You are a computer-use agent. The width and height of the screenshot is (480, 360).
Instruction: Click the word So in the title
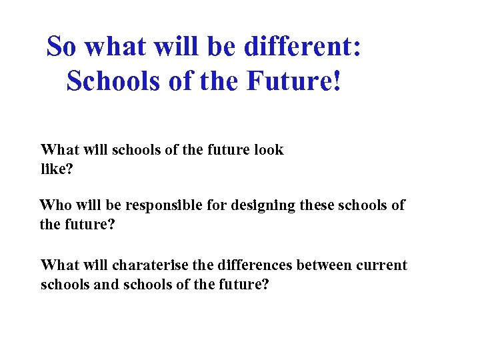[61, 47]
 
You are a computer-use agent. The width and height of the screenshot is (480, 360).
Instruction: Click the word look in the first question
[269, 150]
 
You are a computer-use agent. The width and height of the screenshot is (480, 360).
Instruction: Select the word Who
[54, 205]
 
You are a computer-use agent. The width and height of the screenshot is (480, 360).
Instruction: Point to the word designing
[263, 206]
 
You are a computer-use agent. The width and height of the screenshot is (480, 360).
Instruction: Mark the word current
[383, 265]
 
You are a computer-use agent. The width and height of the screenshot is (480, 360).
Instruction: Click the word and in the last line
[99, 284]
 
